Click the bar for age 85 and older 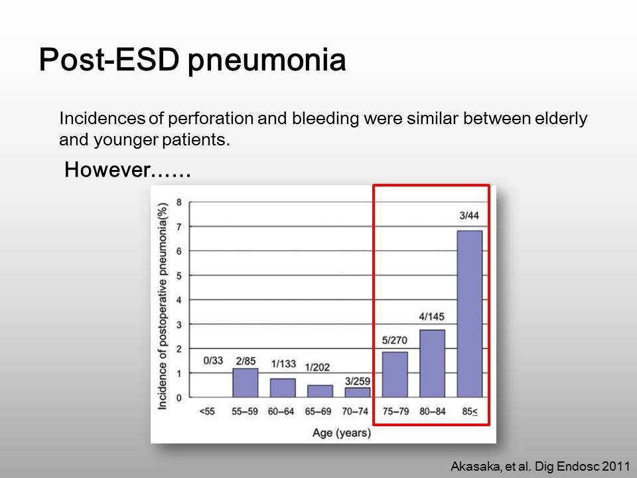click(470, 314)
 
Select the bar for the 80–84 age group click(432, 363)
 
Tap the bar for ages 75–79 click(395, 374)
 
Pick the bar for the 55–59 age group click(246, 383)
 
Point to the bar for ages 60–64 click(283, 388)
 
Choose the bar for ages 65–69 click(320, 391)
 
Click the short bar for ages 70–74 click(358, 392)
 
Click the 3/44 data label click(469, 215)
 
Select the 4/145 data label click(431, 316)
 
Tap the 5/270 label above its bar click(394, 340)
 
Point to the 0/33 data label click(213, 360)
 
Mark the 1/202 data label click(317, 367)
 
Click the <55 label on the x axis click(207, 412)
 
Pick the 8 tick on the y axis click(178, 202)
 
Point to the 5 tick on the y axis click(178, 276)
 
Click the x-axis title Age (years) click(342, 433)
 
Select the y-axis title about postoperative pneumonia click(163, 305)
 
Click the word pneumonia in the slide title click(267, 60)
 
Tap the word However click(107, 169)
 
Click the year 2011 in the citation click(616, 466)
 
